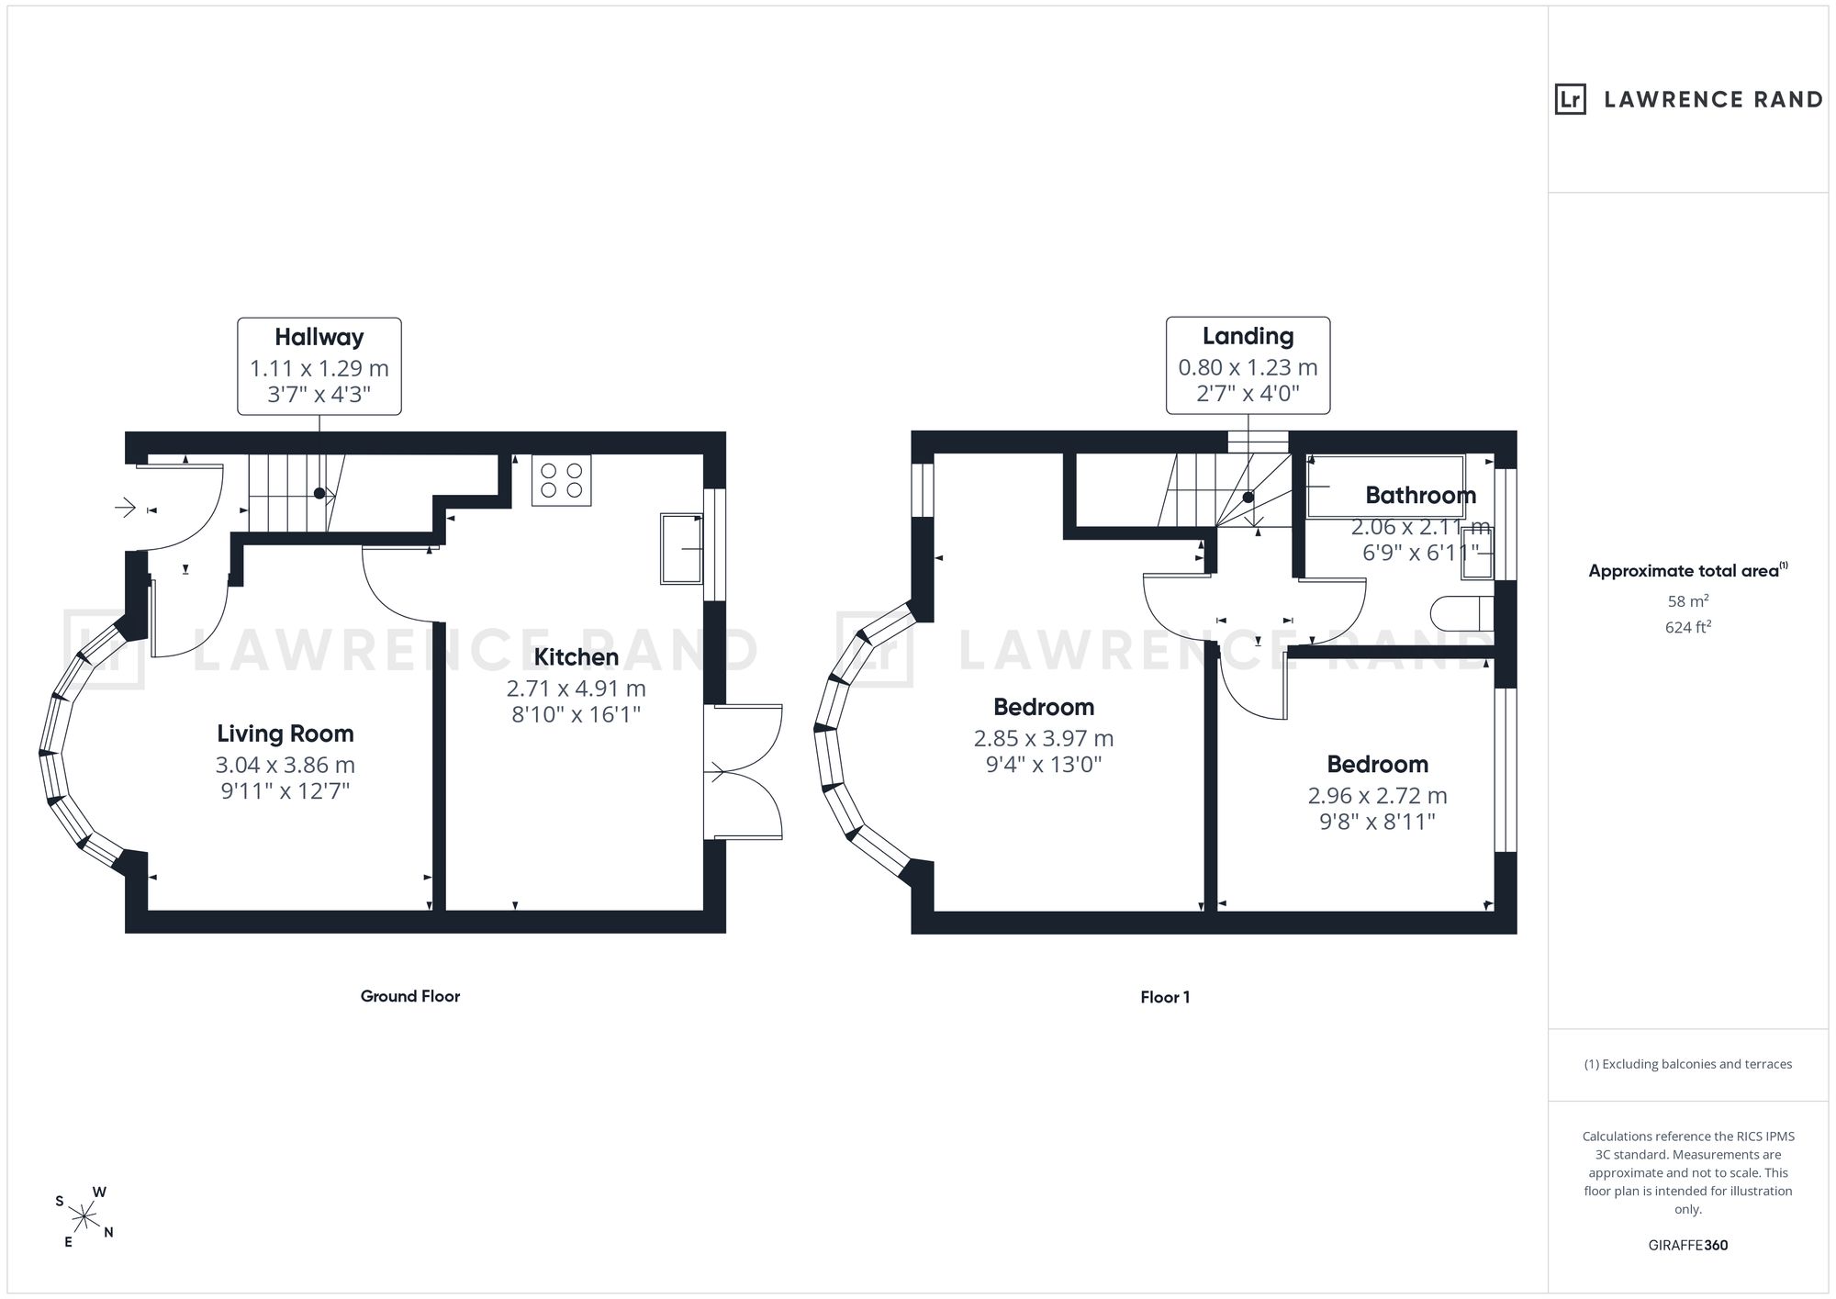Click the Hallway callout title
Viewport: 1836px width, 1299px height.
coord(319,338)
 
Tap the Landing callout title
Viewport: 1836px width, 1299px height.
coord(1248,337)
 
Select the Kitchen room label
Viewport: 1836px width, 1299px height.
coord(577,657)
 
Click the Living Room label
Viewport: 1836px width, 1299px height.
coord(285,733)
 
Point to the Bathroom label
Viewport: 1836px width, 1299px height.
coord(1421,496)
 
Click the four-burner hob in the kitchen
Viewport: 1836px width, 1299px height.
coord(562,480)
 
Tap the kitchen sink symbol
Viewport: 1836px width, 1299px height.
coord(681,549)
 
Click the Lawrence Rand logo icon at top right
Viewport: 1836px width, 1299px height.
coord(1571,99)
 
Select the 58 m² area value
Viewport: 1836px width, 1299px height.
coord(1688,602)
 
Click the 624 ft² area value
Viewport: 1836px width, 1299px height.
coord(1688,628)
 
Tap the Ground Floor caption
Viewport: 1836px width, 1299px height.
coord(410,996)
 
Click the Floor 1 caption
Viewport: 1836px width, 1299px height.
coord(1166,997)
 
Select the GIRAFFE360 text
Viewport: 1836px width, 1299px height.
coord(1688,1246)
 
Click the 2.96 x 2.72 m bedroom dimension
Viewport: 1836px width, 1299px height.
coord(1378,796)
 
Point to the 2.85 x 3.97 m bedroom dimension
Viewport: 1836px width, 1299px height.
coord(1044,739)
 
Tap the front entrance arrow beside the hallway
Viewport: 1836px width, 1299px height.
coord(125,507)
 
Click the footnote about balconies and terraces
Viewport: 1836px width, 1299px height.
coord(1688,1064)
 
